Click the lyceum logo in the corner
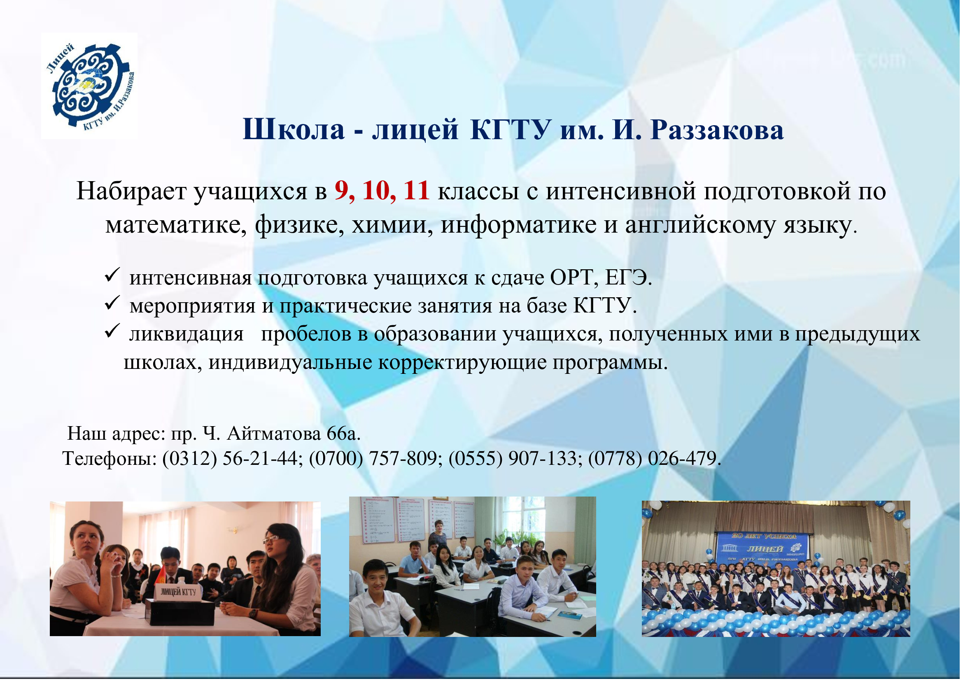pyautogui.click(x=89, y=86)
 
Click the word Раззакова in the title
pyautogui.click(x=717, y=130)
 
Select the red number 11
pyautogui.click(x=417, y=191)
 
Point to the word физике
pyautogui.click(x=300, y=225)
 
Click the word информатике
pyautogui.click(x=519, y=225)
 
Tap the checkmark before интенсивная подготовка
pyautogui.click(x=112, y=275)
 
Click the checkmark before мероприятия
pyautogui.click(x=112, y=303)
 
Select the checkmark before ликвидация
pyautogui.click(x=112, y=331)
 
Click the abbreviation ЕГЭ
pyautogui.click(x=628, y=278)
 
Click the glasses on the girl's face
pyautogui.click(x=271, y=539)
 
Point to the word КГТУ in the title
pyautogui.click(x=510, y=130)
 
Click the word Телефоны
pyautogui.click(x=110, y=459)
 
